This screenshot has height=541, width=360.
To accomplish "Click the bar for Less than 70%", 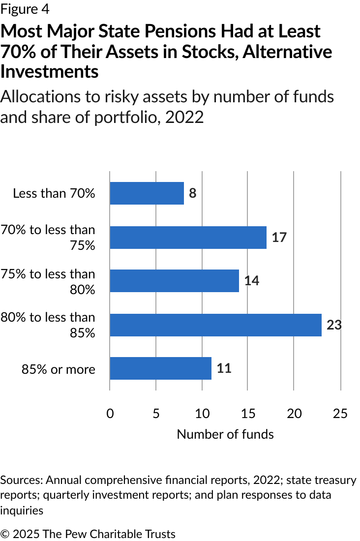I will point(147,193).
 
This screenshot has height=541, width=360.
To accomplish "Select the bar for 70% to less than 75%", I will point(188,238).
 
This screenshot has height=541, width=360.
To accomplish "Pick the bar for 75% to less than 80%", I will point(174,281).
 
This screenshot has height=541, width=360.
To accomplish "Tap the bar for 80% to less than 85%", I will point(215,325).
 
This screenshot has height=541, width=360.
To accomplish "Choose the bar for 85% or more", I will point(160,368).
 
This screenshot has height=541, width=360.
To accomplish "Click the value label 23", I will point(334,325).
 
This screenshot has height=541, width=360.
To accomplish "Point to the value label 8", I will point(192,193).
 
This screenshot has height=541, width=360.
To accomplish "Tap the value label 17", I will point(279,238).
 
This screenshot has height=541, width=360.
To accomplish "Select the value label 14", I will point(251,281).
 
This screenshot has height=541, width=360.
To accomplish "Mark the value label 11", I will point(224,368).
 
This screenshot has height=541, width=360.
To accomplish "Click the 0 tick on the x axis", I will point(110,414).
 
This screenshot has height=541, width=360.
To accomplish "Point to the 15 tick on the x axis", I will point(248,414).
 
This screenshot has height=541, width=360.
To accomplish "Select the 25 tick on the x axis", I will point(340,414).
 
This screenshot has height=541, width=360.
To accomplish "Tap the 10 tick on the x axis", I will point(202,414).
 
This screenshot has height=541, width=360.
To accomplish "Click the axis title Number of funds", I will point(225,434).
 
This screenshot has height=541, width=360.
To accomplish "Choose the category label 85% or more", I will point(58,369).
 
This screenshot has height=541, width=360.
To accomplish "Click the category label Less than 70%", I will point(54,193).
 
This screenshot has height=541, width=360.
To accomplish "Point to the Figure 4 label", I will point(25,9).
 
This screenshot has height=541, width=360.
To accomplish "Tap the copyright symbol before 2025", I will point(5,534).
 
